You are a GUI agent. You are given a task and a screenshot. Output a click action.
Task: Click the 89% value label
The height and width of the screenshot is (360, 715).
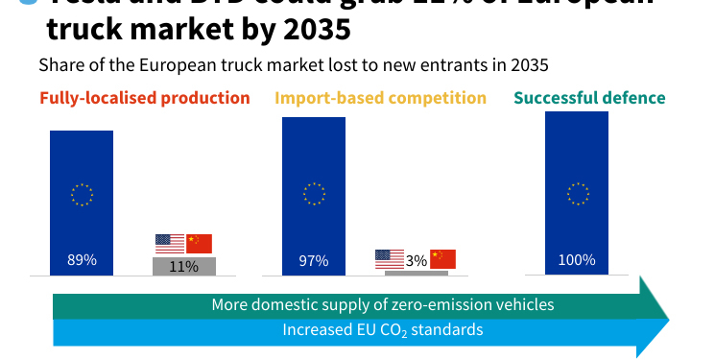coord(82,260)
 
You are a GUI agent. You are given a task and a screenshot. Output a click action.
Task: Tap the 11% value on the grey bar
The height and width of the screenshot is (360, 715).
coord(183,266)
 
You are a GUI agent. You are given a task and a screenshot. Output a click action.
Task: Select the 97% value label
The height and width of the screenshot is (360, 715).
coord(314,260)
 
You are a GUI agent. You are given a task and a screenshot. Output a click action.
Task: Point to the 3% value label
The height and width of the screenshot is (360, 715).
coord(417,260)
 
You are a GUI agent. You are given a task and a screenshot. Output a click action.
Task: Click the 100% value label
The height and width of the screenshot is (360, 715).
coord(577,260)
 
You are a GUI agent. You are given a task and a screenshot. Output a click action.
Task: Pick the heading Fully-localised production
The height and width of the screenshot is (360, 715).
coord(145,98)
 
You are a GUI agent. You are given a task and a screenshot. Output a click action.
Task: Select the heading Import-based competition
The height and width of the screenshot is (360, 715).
coord(381,98)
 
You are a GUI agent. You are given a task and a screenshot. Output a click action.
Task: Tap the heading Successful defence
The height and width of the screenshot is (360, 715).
coord(589,98)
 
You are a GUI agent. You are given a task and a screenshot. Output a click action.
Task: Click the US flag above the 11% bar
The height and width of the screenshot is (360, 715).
coord(170,243)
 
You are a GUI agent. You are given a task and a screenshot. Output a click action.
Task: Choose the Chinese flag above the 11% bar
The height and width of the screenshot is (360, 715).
coord(199,243)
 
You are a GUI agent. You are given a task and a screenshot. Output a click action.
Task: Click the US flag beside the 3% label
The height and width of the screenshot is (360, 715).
coord(390,258)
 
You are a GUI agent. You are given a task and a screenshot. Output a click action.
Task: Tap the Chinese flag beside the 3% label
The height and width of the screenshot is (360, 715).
coord(442,258)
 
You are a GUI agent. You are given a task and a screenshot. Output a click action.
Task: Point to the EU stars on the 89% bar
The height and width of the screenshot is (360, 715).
coord(82,195)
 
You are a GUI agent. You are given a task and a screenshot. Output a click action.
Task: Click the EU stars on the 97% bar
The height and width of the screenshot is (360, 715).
coord(314,195)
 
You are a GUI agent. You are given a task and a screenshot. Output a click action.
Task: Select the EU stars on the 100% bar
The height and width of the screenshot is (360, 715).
coord(577,195)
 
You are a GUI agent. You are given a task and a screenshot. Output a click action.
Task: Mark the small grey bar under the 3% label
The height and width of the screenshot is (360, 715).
coord(417,273)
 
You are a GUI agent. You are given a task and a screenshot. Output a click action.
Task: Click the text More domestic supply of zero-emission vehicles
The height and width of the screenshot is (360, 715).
coord(382,305)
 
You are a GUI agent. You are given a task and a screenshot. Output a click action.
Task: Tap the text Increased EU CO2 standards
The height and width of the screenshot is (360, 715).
coord(382,330)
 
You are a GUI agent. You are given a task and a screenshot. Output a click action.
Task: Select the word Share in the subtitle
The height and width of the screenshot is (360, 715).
coord(60,66)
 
